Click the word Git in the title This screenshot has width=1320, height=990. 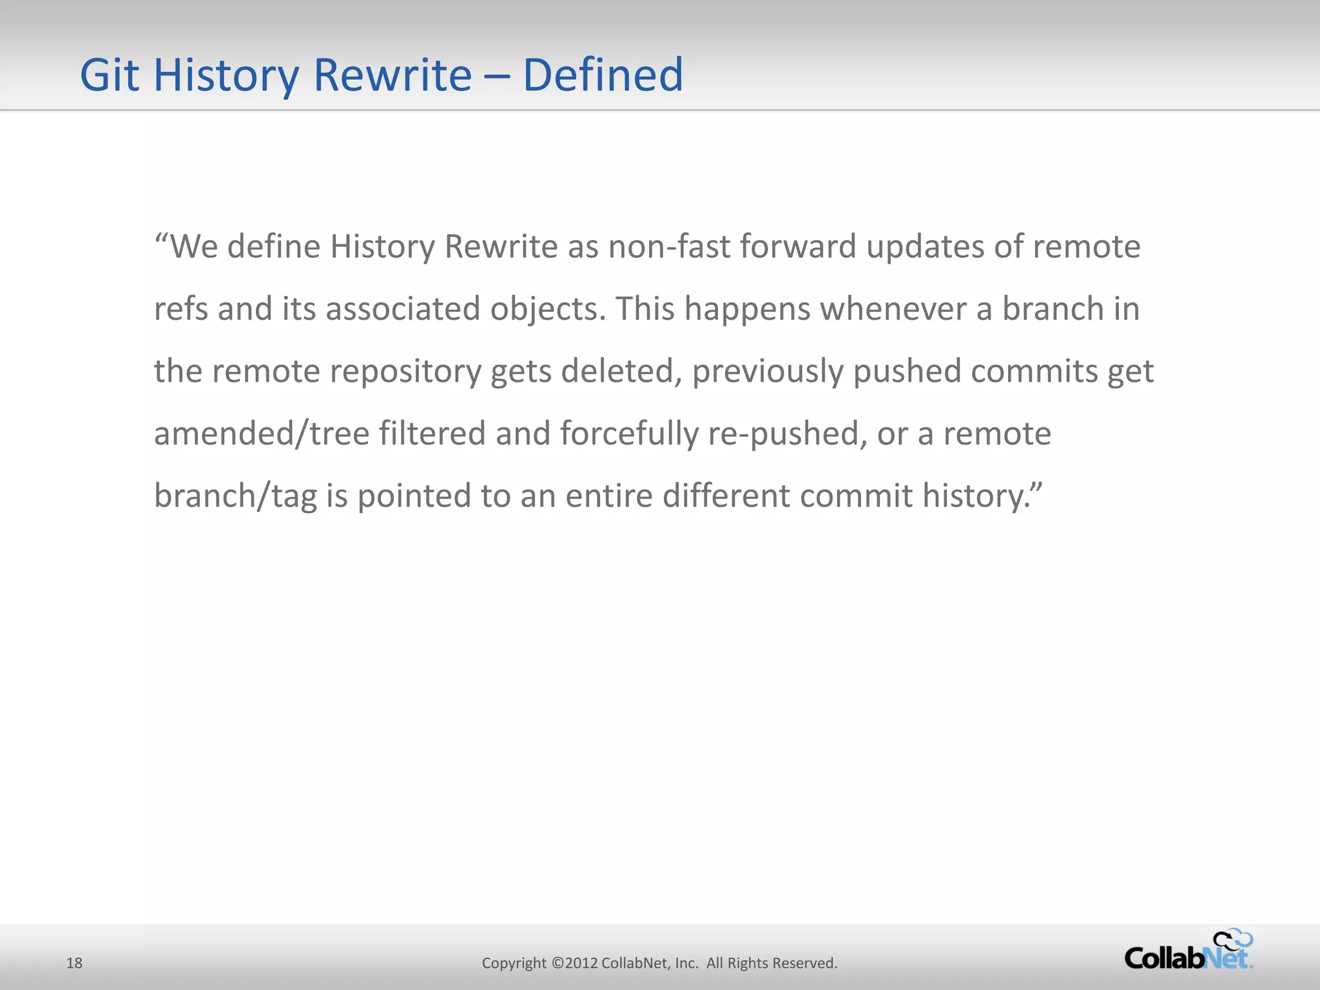109,75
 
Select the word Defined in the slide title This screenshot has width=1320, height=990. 603,75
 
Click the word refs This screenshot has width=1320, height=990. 181,309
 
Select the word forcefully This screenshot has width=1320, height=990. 629,434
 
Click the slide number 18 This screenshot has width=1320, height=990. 75,963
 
